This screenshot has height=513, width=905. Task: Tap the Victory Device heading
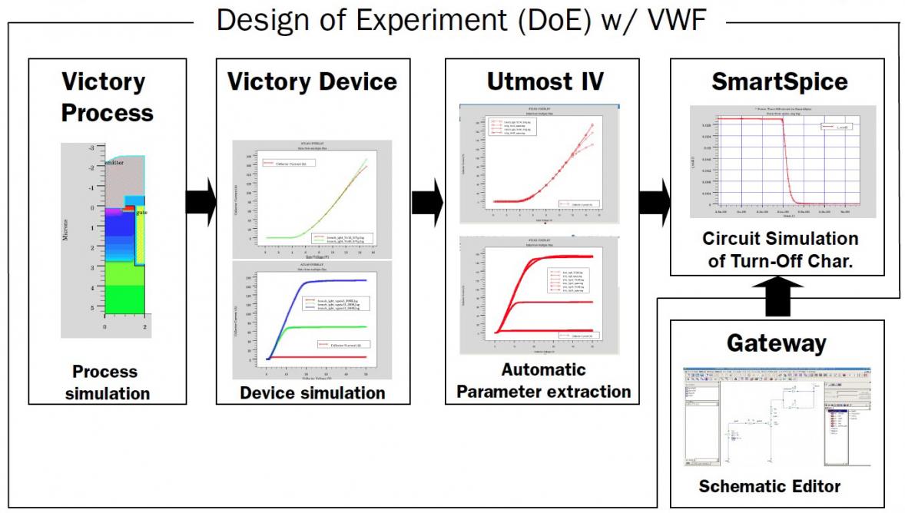(x=312, y=81)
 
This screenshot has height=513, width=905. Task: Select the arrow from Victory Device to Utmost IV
(x=427, y=204)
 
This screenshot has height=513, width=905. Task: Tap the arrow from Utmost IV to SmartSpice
(x=655, y=204)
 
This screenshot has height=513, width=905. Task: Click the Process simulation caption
(x=106, y=382)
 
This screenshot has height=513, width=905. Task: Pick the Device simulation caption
(x=312, y=392)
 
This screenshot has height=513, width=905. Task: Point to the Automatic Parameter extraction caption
(x=542, y=381)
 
